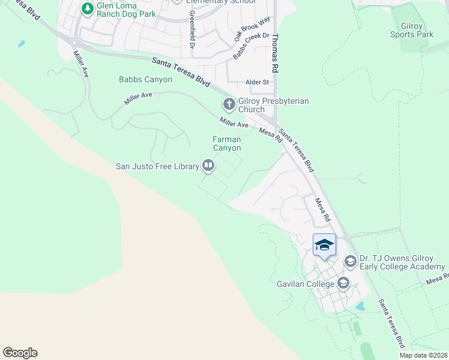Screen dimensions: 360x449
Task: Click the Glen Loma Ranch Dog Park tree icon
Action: click(x=86, y=9)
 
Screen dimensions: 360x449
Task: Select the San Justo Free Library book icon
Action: click(x=208, y=164)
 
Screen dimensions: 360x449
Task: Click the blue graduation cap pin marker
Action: click(x=324, y=245)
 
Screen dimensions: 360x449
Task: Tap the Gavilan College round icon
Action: click(x=343, y=283)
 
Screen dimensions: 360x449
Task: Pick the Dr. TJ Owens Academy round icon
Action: click(x=350, y=261)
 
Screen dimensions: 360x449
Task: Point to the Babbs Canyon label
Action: click(x=145, y=79)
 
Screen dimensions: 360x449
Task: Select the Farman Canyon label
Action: click(x=227, y=143)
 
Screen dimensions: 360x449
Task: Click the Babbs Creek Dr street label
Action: click(x=250, y=46)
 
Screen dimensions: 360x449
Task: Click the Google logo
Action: click(x=20, y=353)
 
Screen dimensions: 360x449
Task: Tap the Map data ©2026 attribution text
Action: click(x=424, y=355)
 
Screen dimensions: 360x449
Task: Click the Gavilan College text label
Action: click(x=306, y=283)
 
